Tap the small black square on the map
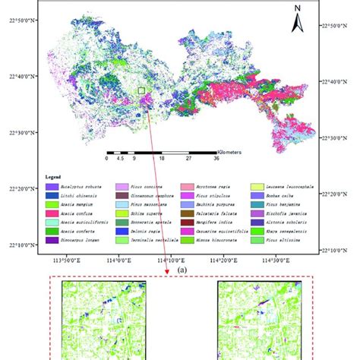click(x=141, y=91)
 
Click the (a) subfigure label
click(x=180, y=269)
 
